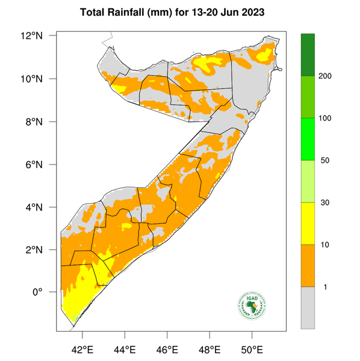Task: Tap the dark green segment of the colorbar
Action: (x=308, y=55)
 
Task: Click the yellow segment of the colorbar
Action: (x=308, y=223)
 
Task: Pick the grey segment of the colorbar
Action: (x=308, y=307)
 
